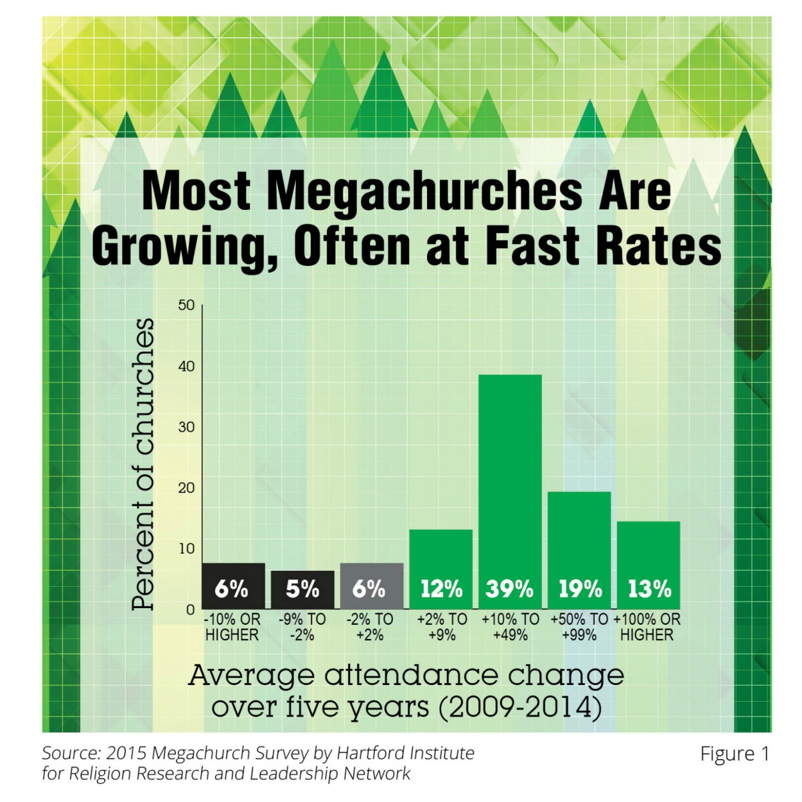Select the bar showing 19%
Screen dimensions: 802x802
point(579,535)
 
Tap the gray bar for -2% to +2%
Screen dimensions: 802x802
point(372,575)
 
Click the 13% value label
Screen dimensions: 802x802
point(649,589)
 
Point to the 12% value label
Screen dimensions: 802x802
point(441,589)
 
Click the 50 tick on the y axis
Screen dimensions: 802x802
point(186,305)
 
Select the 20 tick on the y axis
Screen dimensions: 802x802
point(186,488)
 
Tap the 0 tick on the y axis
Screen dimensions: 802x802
point(190,610)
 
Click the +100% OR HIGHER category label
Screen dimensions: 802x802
point(647,627)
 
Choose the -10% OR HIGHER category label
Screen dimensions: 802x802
point(232,627)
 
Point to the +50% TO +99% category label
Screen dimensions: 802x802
point(579,627)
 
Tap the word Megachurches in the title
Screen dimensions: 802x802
point(424,191)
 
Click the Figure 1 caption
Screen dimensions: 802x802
point(734,754)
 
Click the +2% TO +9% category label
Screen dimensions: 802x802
point(442,627)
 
